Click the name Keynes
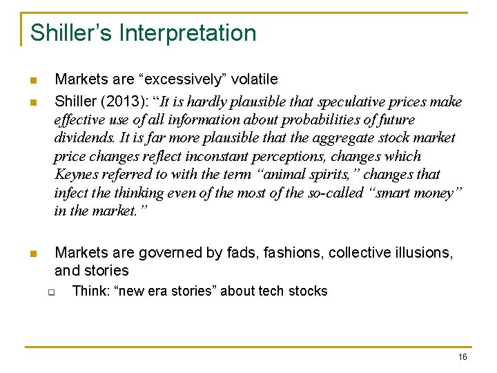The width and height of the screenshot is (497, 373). click(x=77, y=174)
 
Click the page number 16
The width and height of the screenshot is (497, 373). click(x=462, y=356)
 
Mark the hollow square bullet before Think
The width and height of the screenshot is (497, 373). click(x=51, y=291)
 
